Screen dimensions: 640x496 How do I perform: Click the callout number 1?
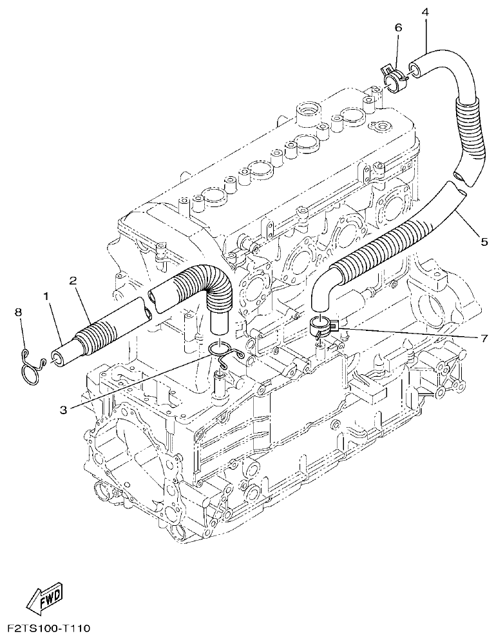46,296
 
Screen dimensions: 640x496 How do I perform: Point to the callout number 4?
425,12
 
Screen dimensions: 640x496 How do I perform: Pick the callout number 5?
484,241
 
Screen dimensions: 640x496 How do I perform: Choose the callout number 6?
397,28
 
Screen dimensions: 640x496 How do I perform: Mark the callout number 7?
484,337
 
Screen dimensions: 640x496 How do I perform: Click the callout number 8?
19,312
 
